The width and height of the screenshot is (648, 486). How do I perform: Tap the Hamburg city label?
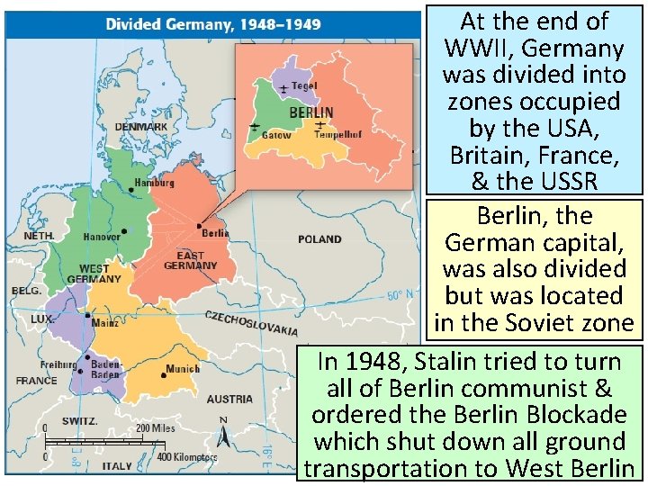tap(154, 183)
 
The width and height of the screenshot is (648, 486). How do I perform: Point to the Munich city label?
tap(184, 369)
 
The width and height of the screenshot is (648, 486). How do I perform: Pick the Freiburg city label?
tap(58, 364)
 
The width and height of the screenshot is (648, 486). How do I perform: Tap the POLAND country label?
tap(319, 239)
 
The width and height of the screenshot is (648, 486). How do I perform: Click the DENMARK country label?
tap(140, 127)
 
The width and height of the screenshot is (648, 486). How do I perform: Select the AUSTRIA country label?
tap(229, 399)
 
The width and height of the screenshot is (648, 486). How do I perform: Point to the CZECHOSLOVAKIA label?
tap(251, 323)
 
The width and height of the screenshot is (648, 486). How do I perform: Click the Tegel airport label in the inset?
tap(304, 85)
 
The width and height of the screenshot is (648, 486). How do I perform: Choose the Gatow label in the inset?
tap(275, 135)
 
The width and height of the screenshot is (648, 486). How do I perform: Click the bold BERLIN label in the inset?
tap(310, 113)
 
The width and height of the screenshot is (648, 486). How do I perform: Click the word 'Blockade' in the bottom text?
tap(569, 416)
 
